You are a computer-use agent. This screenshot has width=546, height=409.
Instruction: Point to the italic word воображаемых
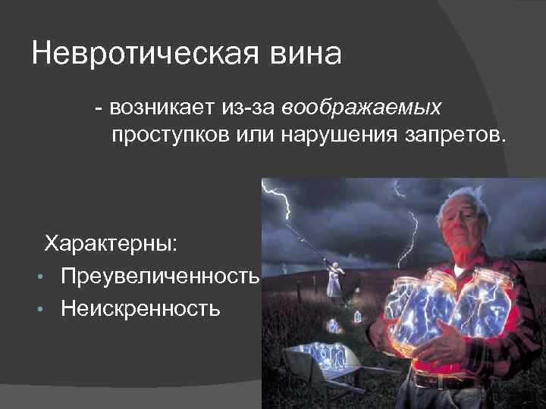[x=362, y=109]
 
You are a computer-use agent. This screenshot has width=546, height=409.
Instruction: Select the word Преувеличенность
[x=161, y=276]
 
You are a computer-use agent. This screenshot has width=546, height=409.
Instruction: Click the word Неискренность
[x=142, y=308]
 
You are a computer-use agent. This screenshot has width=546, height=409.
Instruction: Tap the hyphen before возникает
[x=99, y=109]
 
